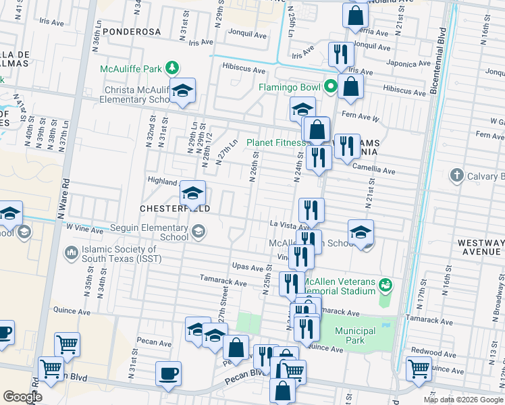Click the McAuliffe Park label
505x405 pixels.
coord(131,69)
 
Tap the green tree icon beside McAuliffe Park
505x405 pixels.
coord(173,67)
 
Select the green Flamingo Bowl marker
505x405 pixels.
coord(331,86)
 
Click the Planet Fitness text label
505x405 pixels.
coord(275,142)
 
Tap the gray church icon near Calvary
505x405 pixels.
coord(457,175)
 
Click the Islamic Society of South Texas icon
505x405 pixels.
coord(71,253)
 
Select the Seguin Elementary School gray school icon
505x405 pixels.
coord(198,232)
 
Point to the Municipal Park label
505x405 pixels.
coord(355,335)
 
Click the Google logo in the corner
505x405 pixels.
coord(22,397)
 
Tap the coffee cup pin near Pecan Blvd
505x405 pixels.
coord(168,373)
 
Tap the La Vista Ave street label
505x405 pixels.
coord(288,223)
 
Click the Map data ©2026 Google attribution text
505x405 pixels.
coord(463,400)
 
